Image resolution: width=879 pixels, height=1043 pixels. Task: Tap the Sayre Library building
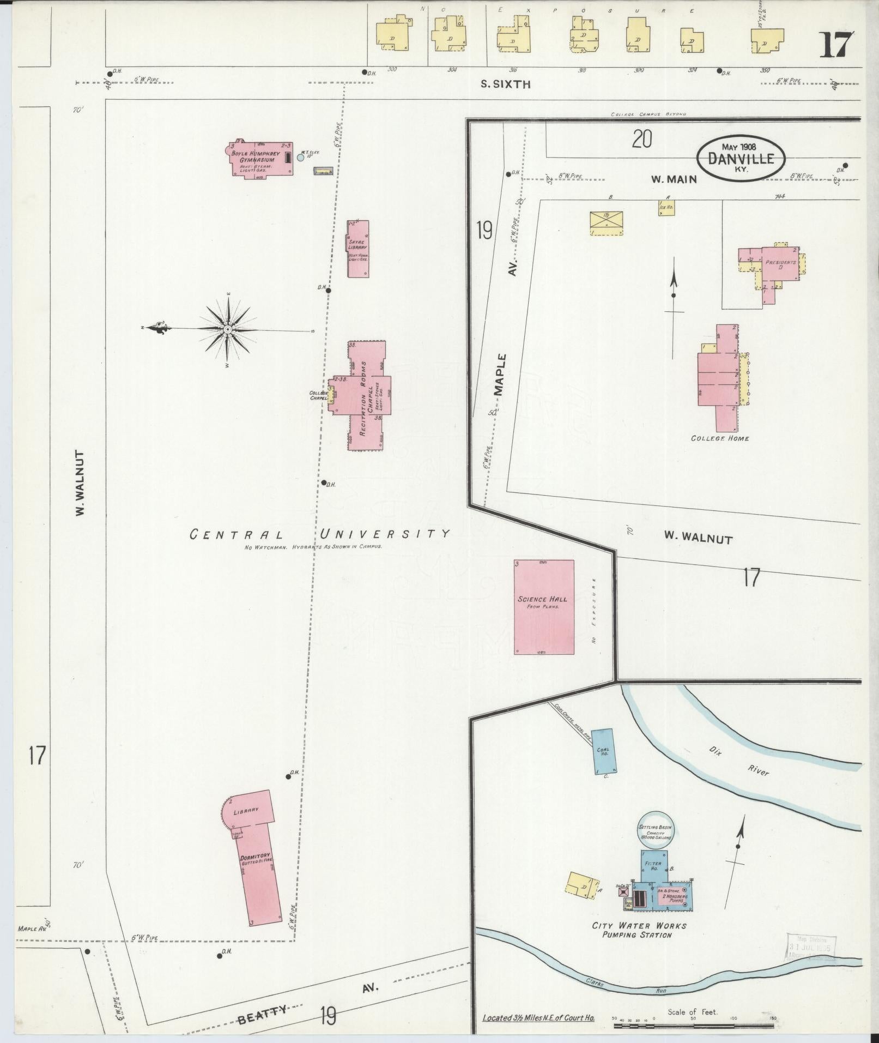point(358,249)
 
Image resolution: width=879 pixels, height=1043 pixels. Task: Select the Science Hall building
point(543,606)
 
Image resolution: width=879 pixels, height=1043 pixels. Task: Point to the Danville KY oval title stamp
point(741,157)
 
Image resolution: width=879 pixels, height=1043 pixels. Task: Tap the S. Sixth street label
point(505,85)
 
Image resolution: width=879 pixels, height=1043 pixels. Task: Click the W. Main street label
point(674,179)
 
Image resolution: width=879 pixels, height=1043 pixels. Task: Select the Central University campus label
point(320,534)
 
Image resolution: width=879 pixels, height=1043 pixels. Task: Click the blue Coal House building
point(603,751)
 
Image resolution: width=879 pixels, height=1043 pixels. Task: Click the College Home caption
point(719,438)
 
